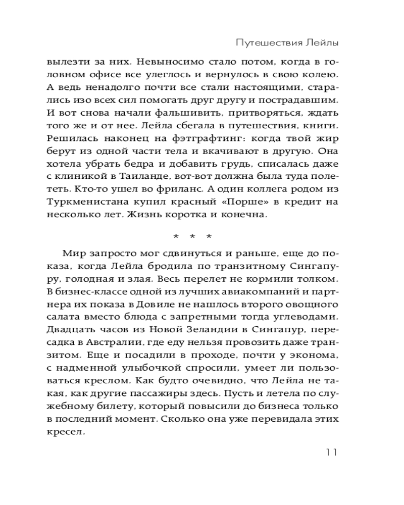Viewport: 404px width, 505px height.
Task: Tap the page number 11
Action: (x=330, y=451)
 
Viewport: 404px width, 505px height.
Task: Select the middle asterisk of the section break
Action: (x=192, y=237)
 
